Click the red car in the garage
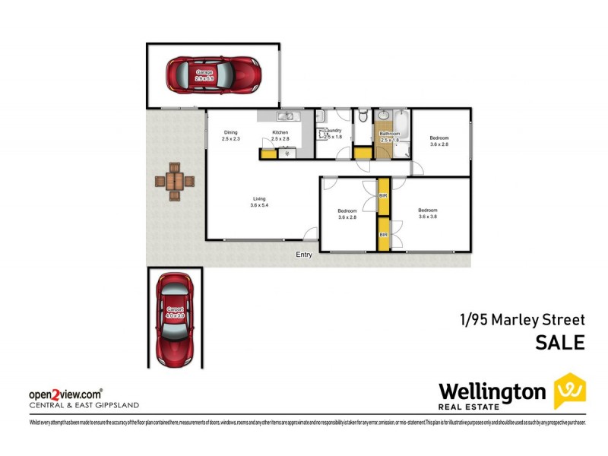(214, 74)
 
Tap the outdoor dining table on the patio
(174, 182)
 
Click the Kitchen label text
(280, 132)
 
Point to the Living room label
(260, 198)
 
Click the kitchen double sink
(287, 116)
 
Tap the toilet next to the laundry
(364, 116)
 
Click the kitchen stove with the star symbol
(287, 154)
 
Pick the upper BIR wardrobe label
(384, 196)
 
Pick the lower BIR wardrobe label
(384, 235)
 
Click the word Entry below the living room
(304, 255)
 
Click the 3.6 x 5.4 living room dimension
(260, 205)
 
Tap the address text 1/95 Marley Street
(521, 319)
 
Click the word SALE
(560, 343)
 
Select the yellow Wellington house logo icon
(569, 391)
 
